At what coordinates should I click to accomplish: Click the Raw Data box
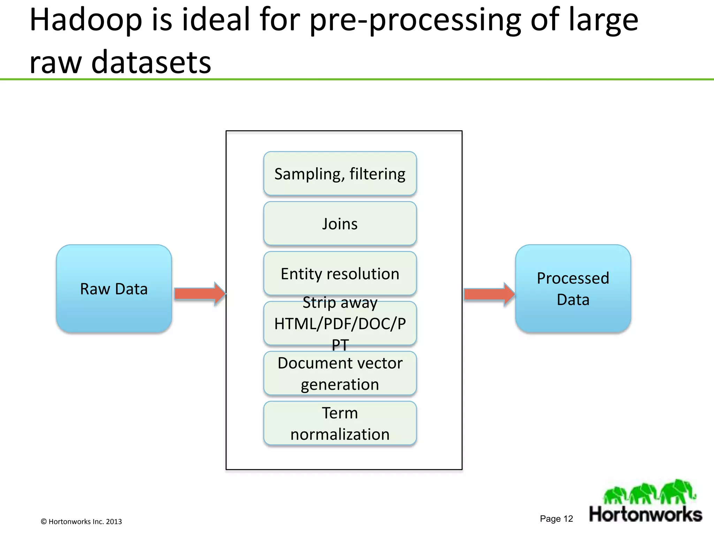114,288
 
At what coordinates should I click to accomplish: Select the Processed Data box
573,288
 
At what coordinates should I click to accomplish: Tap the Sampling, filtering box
340,173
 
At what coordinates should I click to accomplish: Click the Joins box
340,224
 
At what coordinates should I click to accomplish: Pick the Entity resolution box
340,273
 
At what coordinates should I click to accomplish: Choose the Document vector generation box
340,373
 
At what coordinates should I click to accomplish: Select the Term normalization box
340,423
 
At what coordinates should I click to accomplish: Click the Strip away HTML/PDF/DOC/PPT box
340,324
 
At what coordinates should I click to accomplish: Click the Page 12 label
556,519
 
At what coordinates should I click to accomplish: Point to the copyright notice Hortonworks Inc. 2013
81,521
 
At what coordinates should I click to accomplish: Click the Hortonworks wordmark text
645,514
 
